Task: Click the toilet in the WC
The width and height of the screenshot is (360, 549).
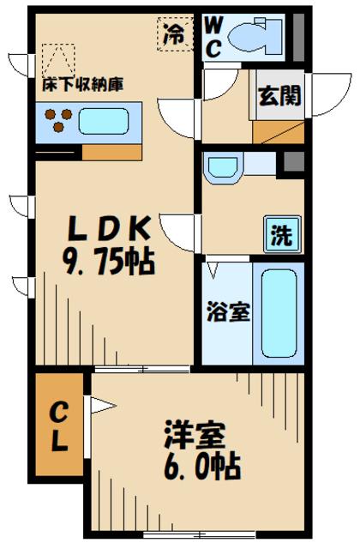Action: [255, 37]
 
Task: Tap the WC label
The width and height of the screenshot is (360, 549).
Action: [213, 38]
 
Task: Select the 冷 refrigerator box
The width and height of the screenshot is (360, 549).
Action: [175, 34]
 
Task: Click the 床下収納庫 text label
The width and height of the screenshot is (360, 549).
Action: [83, 85]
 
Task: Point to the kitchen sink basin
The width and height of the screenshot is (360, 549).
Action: [104, 121]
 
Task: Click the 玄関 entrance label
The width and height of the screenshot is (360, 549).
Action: [279, 95]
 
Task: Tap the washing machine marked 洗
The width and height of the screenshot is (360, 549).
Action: [283, 234]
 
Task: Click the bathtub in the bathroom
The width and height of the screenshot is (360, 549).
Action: [279, 313]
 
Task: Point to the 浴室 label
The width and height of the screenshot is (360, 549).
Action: [229, 311]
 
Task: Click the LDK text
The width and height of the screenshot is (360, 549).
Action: [110, 229]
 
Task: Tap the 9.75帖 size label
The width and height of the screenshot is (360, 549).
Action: [109, 262]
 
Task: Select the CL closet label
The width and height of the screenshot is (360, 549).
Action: [59, 426]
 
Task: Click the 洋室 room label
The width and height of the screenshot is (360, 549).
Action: [195, 434]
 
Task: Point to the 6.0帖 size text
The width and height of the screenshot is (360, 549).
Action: [202, 467]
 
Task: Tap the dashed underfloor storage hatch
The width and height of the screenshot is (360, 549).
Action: [58, 60]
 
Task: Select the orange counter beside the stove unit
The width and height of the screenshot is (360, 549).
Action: [112, 153]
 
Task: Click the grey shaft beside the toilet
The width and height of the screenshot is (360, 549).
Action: [298, 37]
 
